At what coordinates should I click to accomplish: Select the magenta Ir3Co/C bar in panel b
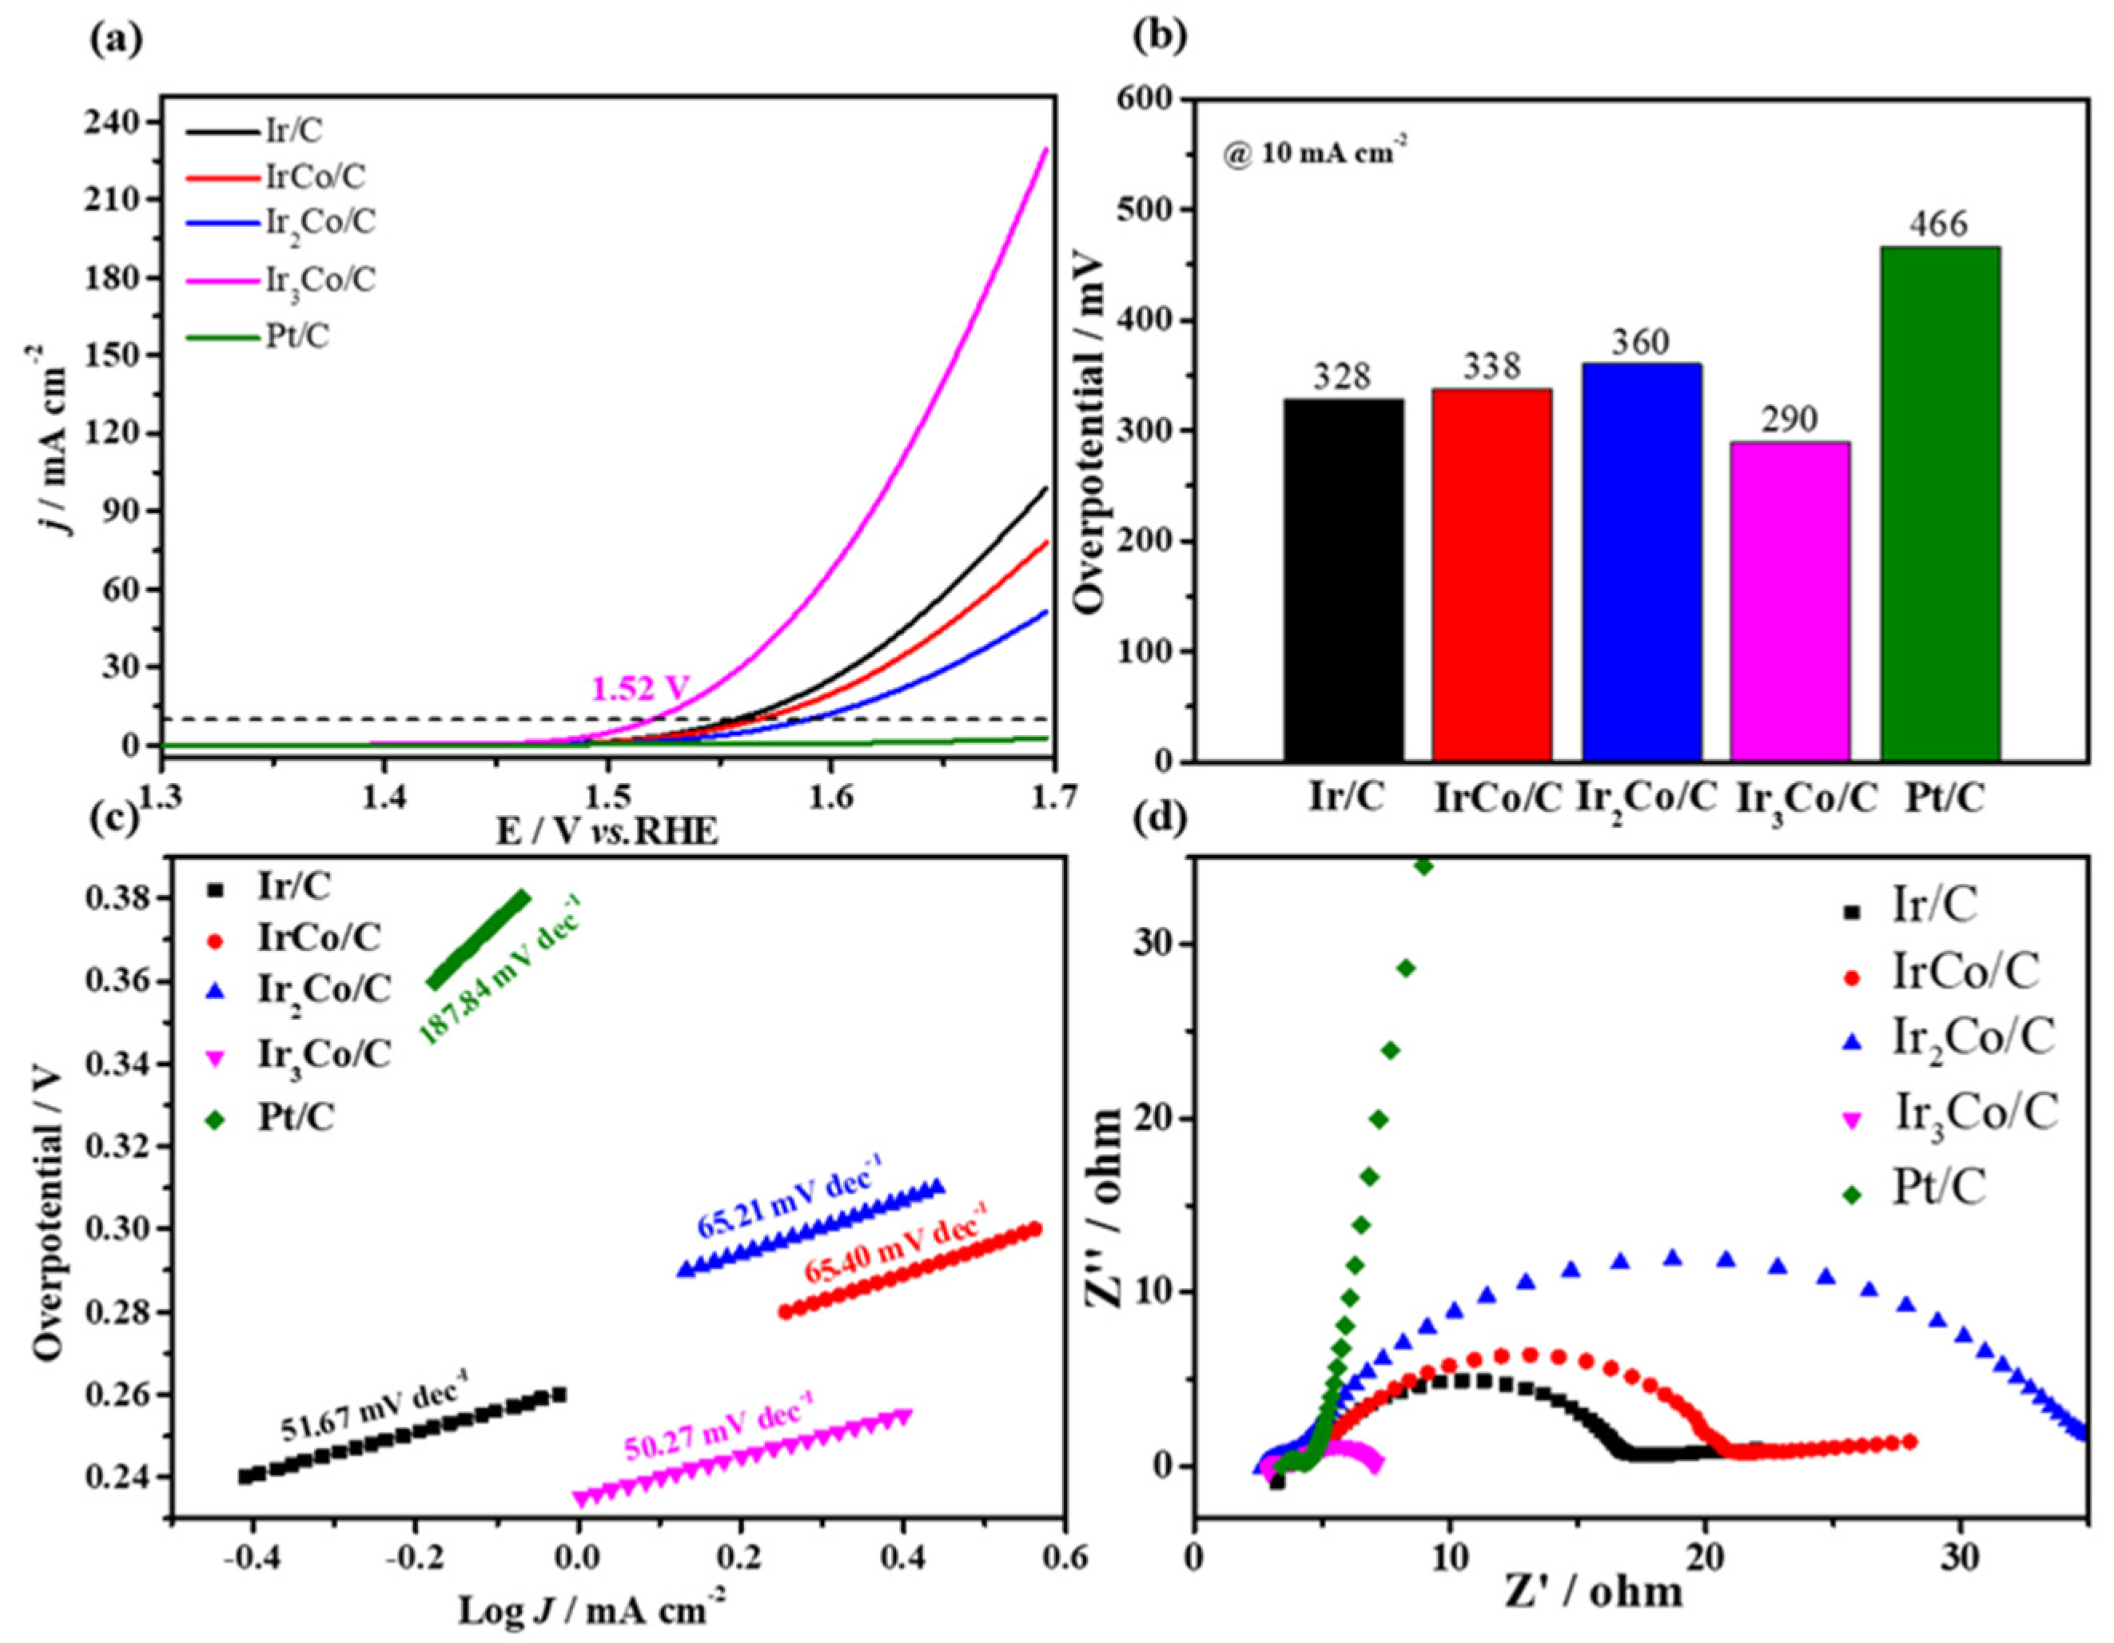[x=1790, y=601]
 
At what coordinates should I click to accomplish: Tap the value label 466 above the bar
[x=1940, y=225]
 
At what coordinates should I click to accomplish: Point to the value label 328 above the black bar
[x=1343, y=377]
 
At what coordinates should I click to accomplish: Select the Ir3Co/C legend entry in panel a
[x=320, y=280]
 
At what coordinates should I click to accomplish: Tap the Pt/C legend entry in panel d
[x=1939, y=1187]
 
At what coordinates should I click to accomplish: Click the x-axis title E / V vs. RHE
[x=608, y=832]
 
